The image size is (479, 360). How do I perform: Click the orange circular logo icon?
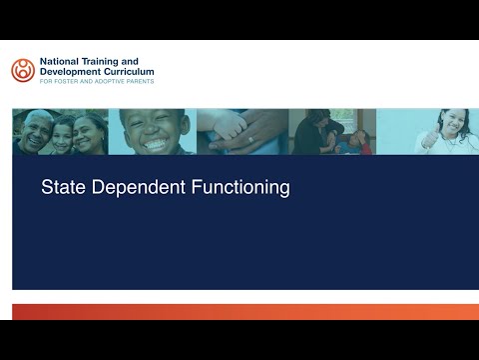pos(22,70)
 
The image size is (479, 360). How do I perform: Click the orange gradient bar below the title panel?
pos(239,311)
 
